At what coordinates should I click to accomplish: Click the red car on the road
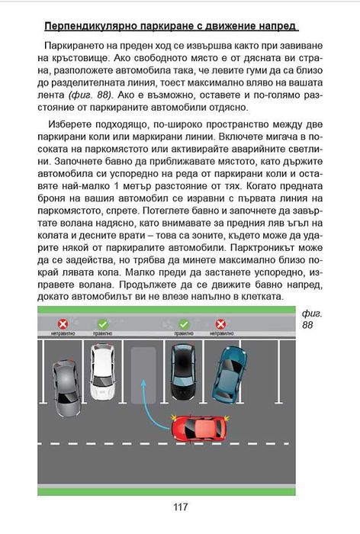(x=201, y=429)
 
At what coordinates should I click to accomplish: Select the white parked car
(x=102, y=372)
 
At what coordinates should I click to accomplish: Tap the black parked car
(x=183, y=372)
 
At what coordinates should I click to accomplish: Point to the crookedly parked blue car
(x=229, y=375)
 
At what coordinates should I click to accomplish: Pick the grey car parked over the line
(x=66, y=388)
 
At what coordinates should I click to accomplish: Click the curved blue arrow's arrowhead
(x=143, y=383)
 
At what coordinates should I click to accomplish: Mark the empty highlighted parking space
(x=143, y=375)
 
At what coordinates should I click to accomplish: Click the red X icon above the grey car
(x=63, y=323)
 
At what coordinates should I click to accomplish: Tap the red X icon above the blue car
(x=220, y=323)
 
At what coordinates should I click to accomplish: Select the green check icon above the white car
(x=102, y=323)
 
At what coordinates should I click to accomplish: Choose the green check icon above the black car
(x=184, y=323)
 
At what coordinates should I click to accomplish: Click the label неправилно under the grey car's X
(x=63, y=333)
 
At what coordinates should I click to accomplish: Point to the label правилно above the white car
(x=102, y=333)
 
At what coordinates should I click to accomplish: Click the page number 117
(x=180, y=507)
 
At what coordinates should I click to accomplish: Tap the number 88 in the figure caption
(x=307, y=324)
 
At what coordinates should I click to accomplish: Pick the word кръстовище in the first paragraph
(x=80, y=58)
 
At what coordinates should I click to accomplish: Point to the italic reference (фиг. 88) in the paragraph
(x=90, y=95)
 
